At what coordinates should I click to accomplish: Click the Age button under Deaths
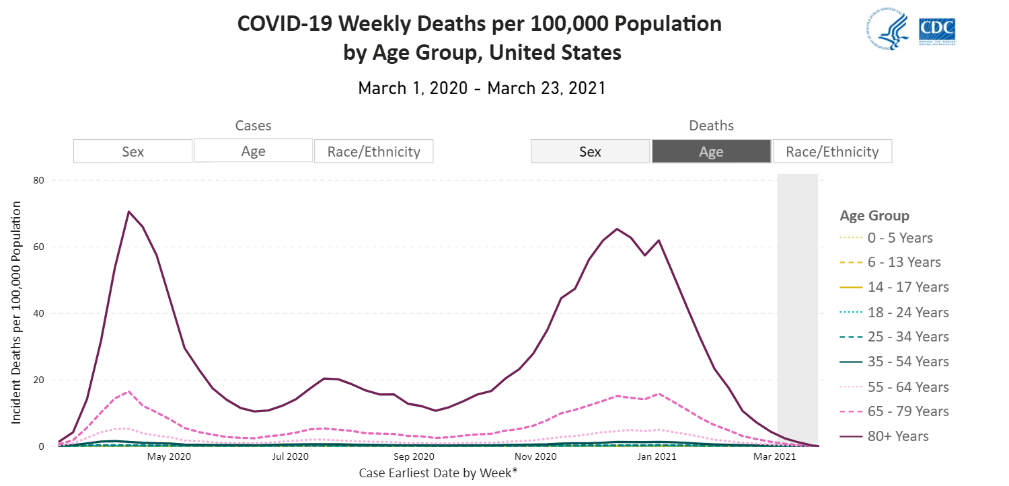711,151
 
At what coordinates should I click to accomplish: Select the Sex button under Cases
133,151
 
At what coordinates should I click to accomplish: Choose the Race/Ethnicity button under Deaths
832,151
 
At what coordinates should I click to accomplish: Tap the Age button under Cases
253,151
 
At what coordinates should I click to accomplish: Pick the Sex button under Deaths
590,151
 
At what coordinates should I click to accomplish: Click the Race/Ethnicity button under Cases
373,151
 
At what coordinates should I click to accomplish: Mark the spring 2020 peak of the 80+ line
128,212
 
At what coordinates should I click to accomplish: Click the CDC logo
937,30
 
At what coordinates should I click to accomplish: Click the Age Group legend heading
874,216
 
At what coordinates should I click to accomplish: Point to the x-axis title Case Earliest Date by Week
438,473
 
